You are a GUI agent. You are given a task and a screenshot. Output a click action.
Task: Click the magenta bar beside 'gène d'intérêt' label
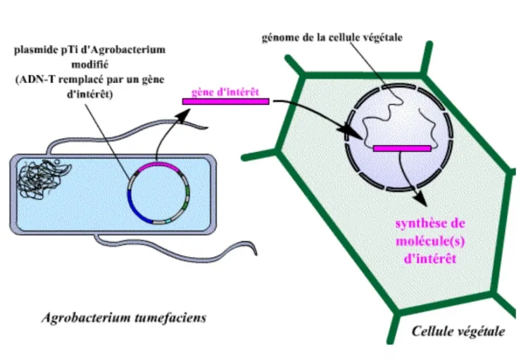click(225, 101)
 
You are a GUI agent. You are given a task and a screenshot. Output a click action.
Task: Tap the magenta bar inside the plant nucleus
click(402, 149)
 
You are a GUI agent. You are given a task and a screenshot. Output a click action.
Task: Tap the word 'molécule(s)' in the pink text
click(426, 242)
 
